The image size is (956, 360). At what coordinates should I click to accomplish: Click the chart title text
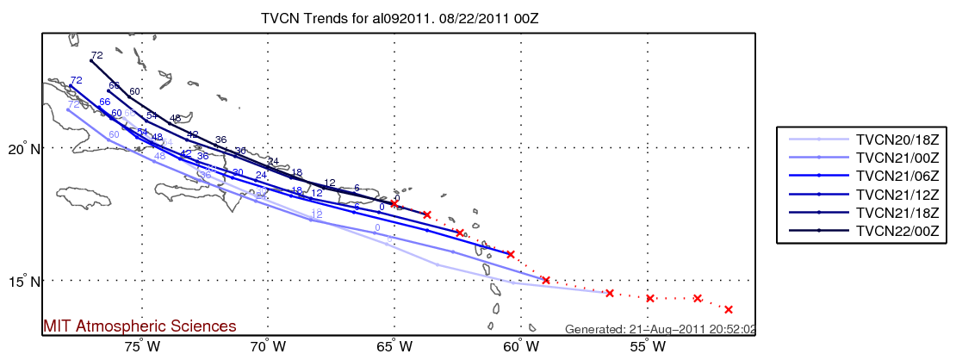pyautogui.click(x=405, y=17)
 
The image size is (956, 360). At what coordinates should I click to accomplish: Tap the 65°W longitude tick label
pyautogui.click(x=394, y=348)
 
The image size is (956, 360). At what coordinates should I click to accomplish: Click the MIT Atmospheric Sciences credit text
pyautogui.click(x=140, y=326)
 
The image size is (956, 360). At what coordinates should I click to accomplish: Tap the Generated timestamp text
pyautogui.click(x=660, y=329)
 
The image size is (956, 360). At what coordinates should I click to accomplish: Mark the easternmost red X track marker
pyautogui.click(x=729, y=309)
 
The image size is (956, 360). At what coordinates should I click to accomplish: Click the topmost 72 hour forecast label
pyautogui.click(x=96, y=55)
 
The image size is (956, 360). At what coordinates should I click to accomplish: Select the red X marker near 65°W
pyautogui.click(x=394, y=203)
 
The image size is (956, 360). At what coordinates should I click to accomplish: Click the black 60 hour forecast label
pyautogui.click(x=134, y=91)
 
